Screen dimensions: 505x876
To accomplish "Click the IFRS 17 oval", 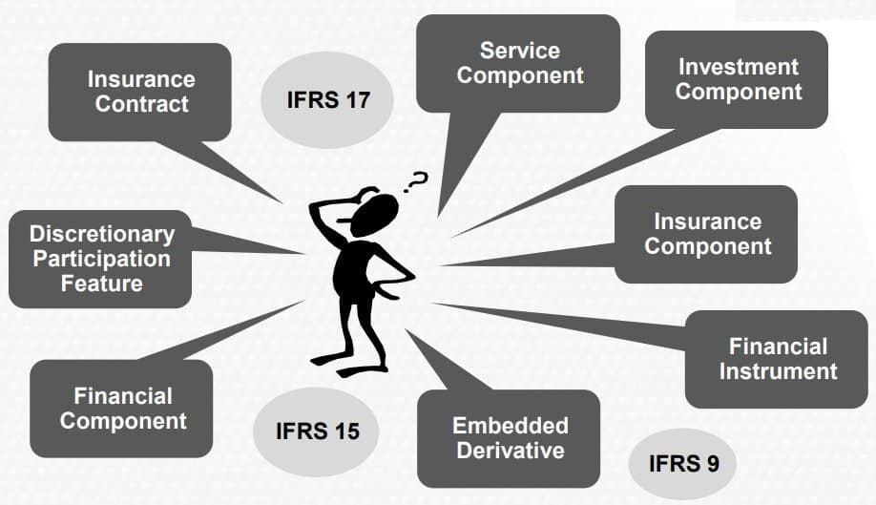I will pos(327,99).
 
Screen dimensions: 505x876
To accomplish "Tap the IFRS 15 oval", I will pos(317,431).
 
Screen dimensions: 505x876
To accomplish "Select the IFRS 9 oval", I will pos(683,464).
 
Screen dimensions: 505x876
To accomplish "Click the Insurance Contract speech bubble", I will pos(141,92).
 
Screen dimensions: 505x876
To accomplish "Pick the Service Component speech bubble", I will pos(519,63).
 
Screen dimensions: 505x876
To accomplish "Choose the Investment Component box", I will pos(738,79).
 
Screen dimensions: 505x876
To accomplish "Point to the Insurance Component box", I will pos(706,234).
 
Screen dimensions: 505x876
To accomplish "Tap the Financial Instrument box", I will pos(777,359).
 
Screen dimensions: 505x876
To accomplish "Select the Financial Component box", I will pos(122,408).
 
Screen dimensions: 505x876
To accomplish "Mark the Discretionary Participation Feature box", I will pos(101,258).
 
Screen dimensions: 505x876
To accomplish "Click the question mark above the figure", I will pos(417,179).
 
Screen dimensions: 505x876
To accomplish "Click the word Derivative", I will pos(510,450).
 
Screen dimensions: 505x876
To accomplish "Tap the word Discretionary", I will pos(102,234).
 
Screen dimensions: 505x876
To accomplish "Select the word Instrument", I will pos(778,371).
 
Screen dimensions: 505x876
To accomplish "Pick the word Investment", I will pos(739,67).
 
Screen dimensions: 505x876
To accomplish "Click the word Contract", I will pos(141,104).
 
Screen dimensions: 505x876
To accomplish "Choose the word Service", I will pos(519,50).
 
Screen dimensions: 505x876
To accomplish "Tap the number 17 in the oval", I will pos(355,99).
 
